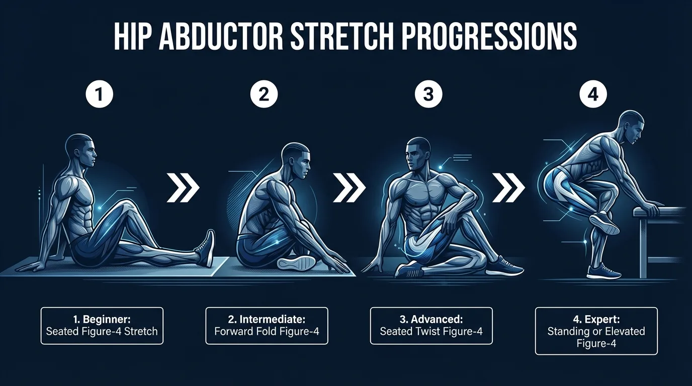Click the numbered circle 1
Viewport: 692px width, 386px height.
[x=99, y=95]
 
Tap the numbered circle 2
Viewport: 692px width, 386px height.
[x=264, y=95]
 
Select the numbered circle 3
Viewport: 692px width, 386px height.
[x=428, y=95]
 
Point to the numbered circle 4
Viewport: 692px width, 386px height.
[x=593, y=95]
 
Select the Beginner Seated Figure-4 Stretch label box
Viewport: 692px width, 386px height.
[x=102, y=326]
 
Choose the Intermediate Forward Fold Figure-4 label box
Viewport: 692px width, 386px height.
[x=267, y=326]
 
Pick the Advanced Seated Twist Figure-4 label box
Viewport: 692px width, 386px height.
[x=431, y=326]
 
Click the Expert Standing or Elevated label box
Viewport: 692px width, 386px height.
[x=596, y=331]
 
